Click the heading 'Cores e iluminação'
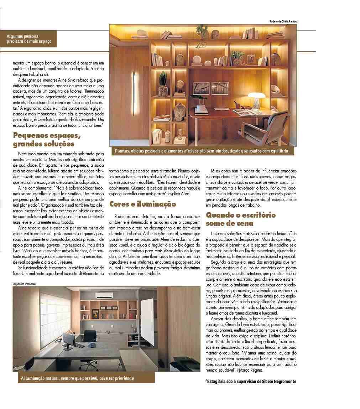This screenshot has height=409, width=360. click(x=138, y=204)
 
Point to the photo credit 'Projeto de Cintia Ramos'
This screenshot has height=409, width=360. click(x=283, y=22)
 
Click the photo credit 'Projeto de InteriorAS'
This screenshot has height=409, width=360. click(x=25, y=284)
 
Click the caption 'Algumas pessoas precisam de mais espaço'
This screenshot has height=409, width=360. click(x=29, y=39)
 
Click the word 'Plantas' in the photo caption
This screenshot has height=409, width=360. click(x=122, y=151)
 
